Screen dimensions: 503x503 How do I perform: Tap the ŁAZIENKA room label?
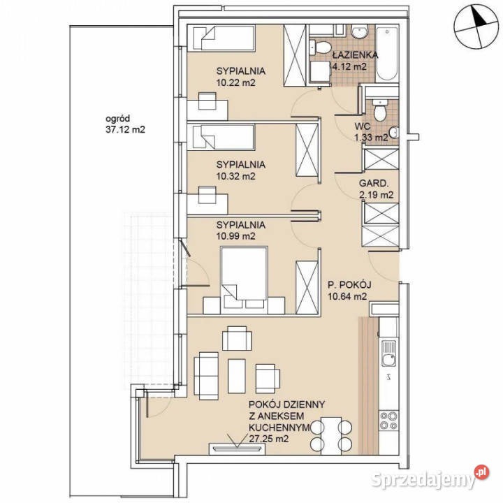(x=355, y=55)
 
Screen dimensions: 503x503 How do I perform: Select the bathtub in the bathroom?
(x=387, y=54)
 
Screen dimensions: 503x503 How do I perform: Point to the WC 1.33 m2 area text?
(x=370, y=132)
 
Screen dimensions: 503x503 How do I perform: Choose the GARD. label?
(x=374, y=184)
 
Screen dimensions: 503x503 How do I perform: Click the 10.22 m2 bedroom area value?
(x=236, y=82)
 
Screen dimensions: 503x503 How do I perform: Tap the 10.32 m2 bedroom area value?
(x=236, y=176)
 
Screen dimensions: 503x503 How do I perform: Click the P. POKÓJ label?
(x=349, y=284)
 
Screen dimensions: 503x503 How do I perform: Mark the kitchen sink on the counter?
(x=388, y=353)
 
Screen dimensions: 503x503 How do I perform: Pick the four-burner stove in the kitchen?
(x=388, y=421)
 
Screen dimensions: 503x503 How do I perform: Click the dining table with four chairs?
(x=331, y=435)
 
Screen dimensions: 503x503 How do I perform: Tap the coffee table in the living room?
(x=237, y=376)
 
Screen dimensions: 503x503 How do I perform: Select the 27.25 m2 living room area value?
(x=268, y=439)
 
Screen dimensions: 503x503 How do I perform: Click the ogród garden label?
(x=118, y=119)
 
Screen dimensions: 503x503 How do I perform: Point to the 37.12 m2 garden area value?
(x=125, y=130)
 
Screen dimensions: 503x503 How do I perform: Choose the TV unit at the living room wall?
(x=237, y=449)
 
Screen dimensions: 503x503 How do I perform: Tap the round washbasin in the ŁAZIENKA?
(x=360, y=32)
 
